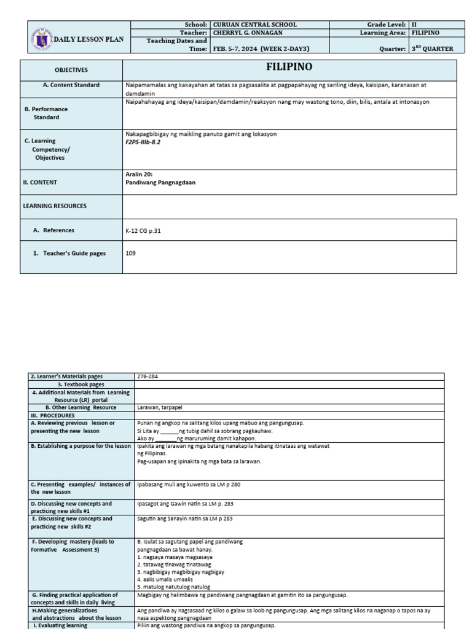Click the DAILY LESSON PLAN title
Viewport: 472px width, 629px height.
(x=89, y=39)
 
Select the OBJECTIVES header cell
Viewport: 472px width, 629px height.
(x=71, y=70)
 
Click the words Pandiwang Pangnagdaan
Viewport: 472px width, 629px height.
(x=160, y=182)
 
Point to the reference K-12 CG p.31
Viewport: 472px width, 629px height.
(x=143, y=230)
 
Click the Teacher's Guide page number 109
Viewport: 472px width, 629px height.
(x=130, y=253)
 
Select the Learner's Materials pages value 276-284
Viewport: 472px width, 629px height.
(x=148, y=377)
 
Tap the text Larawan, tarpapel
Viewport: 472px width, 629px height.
(x=159, y=407)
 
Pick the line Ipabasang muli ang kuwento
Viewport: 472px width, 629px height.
(x=189, y=485)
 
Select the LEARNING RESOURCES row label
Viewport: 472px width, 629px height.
(x=55, y=206)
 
